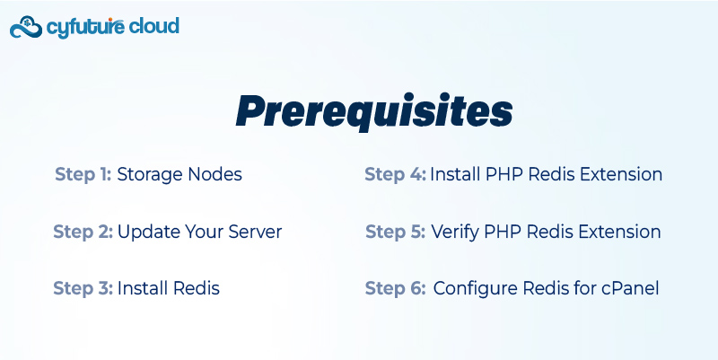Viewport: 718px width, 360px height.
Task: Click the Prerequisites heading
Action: [x=374, y=111]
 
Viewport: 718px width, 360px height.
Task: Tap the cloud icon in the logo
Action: [x=26, y=28]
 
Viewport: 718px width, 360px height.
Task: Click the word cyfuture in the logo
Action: [x=85, y=28]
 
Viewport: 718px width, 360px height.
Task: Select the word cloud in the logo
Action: [x=153, y=26]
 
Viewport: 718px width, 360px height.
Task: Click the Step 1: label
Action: [x=83, y=174]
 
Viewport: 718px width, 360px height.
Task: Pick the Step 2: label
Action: [x=83, y=232]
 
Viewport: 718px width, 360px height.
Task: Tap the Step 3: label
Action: [x=83, y=288]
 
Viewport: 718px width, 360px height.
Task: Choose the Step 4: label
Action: [x=395, y=174]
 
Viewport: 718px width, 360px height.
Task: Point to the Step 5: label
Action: [x=396, y=232]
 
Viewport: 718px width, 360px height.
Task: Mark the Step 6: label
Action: [x=395, y=288]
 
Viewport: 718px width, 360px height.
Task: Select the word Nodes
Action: [x=215, y=174]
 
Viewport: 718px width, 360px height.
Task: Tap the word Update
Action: [x=148, y=233]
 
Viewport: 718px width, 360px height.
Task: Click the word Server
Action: [x=255, y=232]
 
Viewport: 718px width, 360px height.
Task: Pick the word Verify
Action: [x=455, y=233]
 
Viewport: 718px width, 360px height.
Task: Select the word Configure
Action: [x=476, y=289]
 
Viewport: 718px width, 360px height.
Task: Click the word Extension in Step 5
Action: [x=619, y=232]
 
